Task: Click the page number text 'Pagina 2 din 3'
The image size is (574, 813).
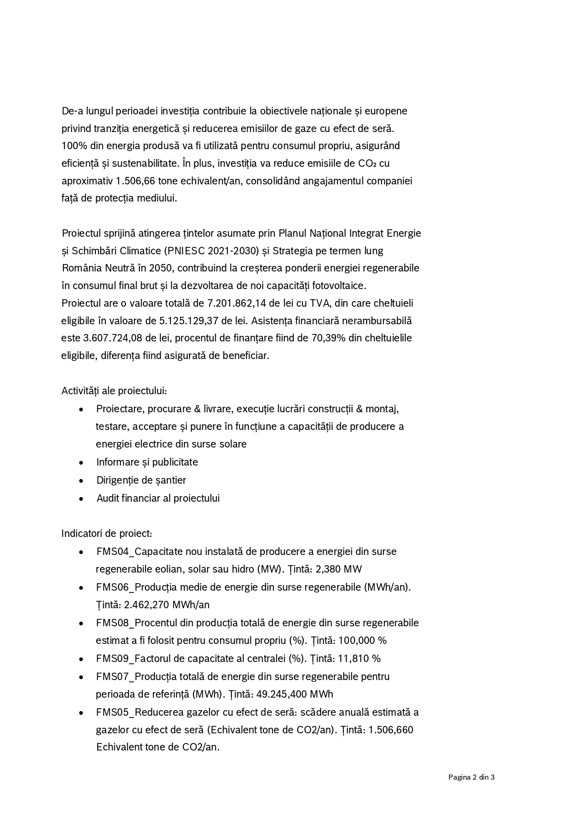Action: click(471, 777)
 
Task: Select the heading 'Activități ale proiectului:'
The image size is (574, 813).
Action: click(114, 391)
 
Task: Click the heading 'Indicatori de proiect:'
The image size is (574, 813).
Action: click(106, 534)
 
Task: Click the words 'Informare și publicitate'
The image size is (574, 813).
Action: click(147, 462)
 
